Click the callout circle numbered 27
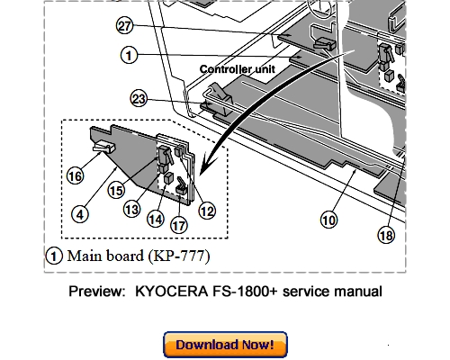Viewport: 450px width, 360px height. click(124, 28)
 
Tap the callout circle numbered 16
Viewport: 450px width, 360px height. click(76, 176)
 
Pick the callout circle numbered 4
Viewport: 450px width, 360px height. click(81, 213)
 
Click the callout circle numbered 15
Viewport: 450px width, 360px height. click(115, 191)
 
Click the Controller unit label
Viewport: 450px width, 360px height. click(236, 69)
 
